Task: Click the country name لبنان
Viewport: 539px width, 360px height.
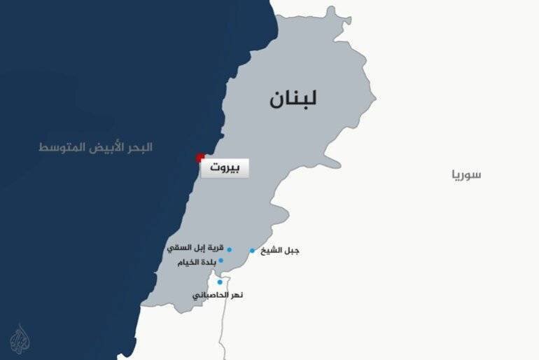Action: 293,99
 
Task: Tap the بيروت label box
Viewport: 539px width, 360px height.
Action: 225,169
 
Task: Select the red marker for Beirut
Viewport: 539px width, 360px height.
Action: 201,158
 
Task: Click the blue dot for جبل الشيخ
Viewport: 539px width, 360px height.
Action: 252,251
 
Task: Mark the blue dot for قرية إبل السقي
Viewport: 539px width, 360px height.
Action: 229,249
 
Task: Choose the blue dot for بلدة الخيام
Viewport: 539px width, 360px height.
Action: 221,261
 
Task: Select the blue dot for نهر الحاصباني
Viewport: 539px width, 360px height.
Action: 220,282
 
